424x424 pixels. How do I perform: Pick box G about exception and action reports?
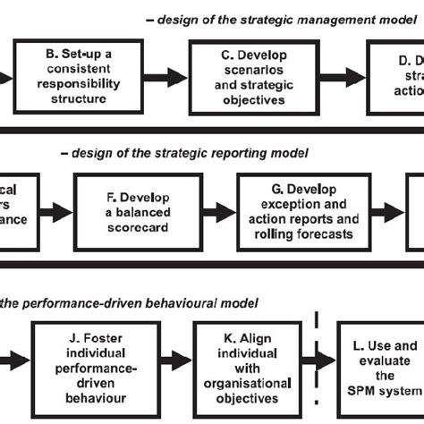pyautogui.click(x=297, y=212)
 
